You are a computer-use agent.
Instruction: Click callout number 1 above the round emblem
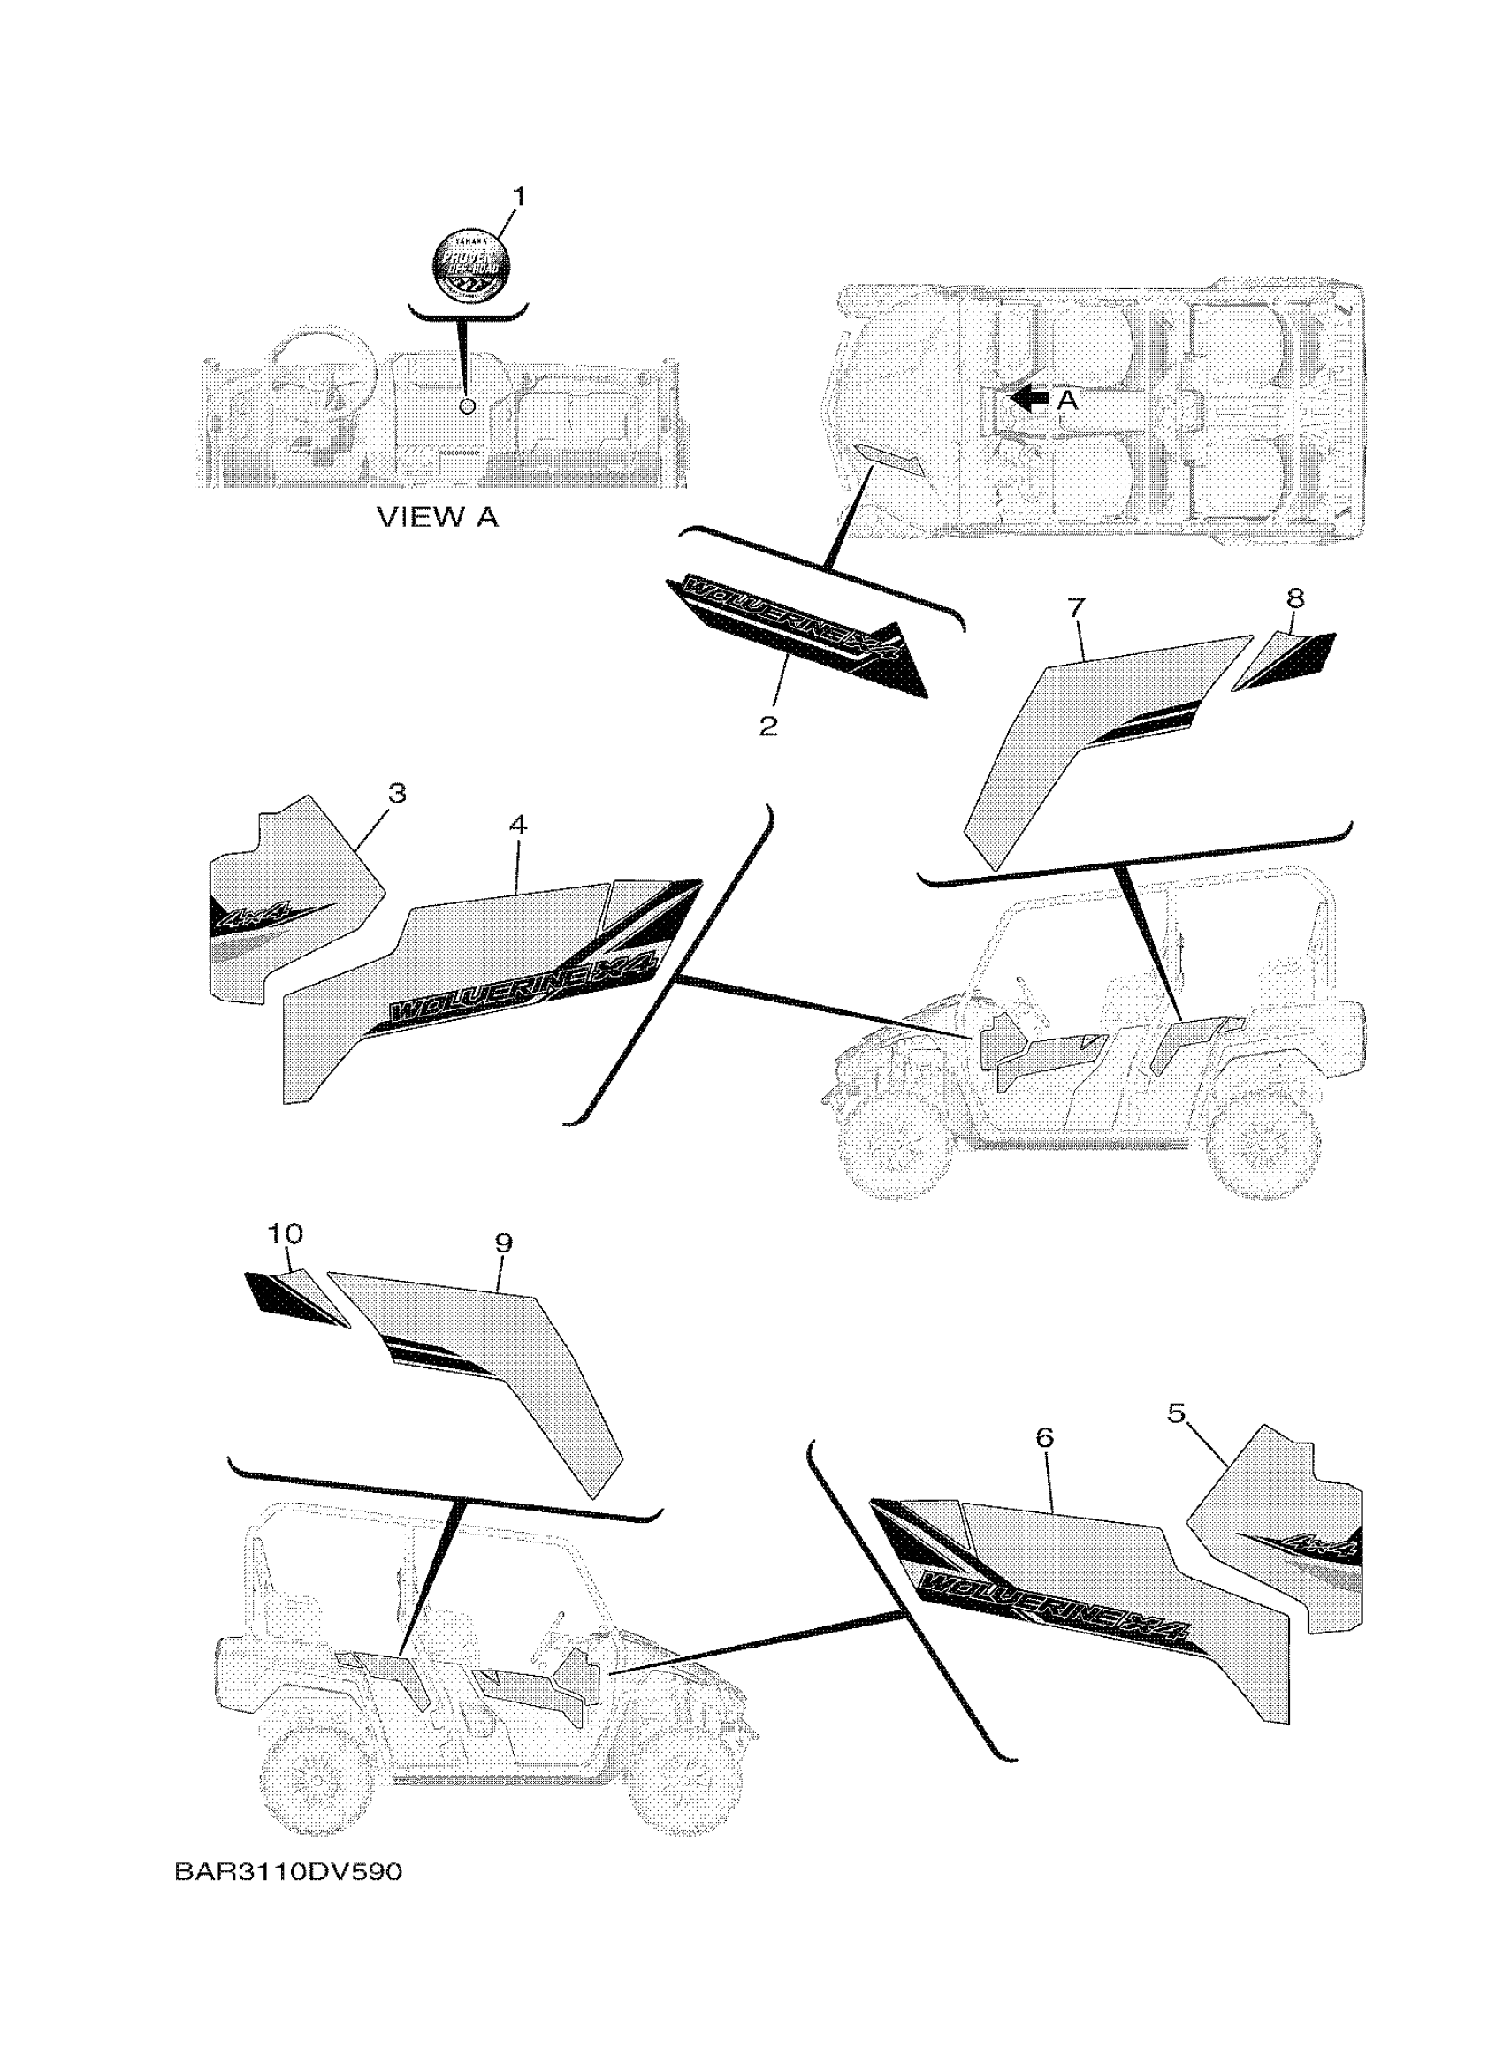[x=519, y=196]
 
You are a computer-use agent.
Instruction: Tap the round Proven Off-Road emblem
[x=471, y=265]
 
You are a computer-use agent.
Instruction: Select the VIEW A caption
[x=439, y=518]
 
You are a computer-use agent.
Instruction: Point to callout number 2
[x=768, y=726]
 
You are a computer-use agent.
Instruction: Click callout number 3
[x=396, y=794]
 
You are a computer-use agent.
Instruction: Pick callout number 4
[x=518, y=826]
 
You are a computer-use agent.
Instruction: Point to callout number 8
[x=1293, y=599]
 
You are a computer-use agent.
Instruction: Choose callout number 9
[x=503, y=1242]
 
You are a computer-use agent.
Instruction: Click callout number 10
[x=285, y=1234]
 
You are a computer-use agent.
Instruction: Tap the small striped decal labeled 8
[x=1286, y=659]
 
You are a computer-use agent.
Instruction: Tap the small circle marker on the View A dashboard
[x=468, y=406]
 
